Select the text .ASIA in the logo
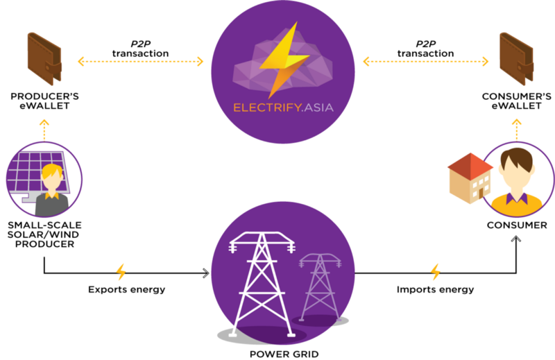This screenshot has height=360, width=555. coord(315,109)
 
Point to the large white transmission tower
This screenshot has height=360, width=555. coord(262,284)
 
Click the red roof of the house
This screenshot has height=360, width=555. coord(469,164)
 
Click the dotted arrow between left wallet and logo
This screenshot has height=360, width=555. coord(141,62)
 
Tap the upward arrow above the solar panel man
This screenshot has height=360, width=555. coord(44,129)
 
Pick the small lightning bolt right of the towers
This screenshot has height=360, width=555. coord(436,271)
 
